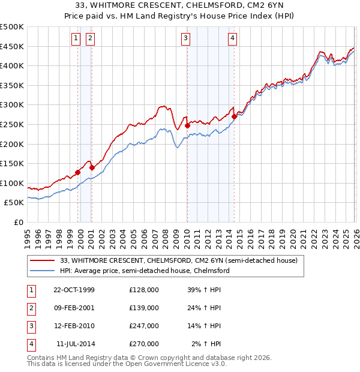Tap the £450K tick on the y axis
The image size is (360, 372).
12,46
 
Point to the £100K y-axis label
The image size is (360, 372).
12,183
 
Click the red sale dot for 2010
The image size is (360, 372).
187,125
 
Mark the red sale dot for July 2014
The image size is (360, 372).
234,116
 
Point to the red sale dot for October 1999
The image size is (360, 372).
78,172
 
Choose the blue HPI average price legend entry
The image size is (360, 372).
145,271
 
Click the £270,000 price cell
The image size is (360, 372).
144,344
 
